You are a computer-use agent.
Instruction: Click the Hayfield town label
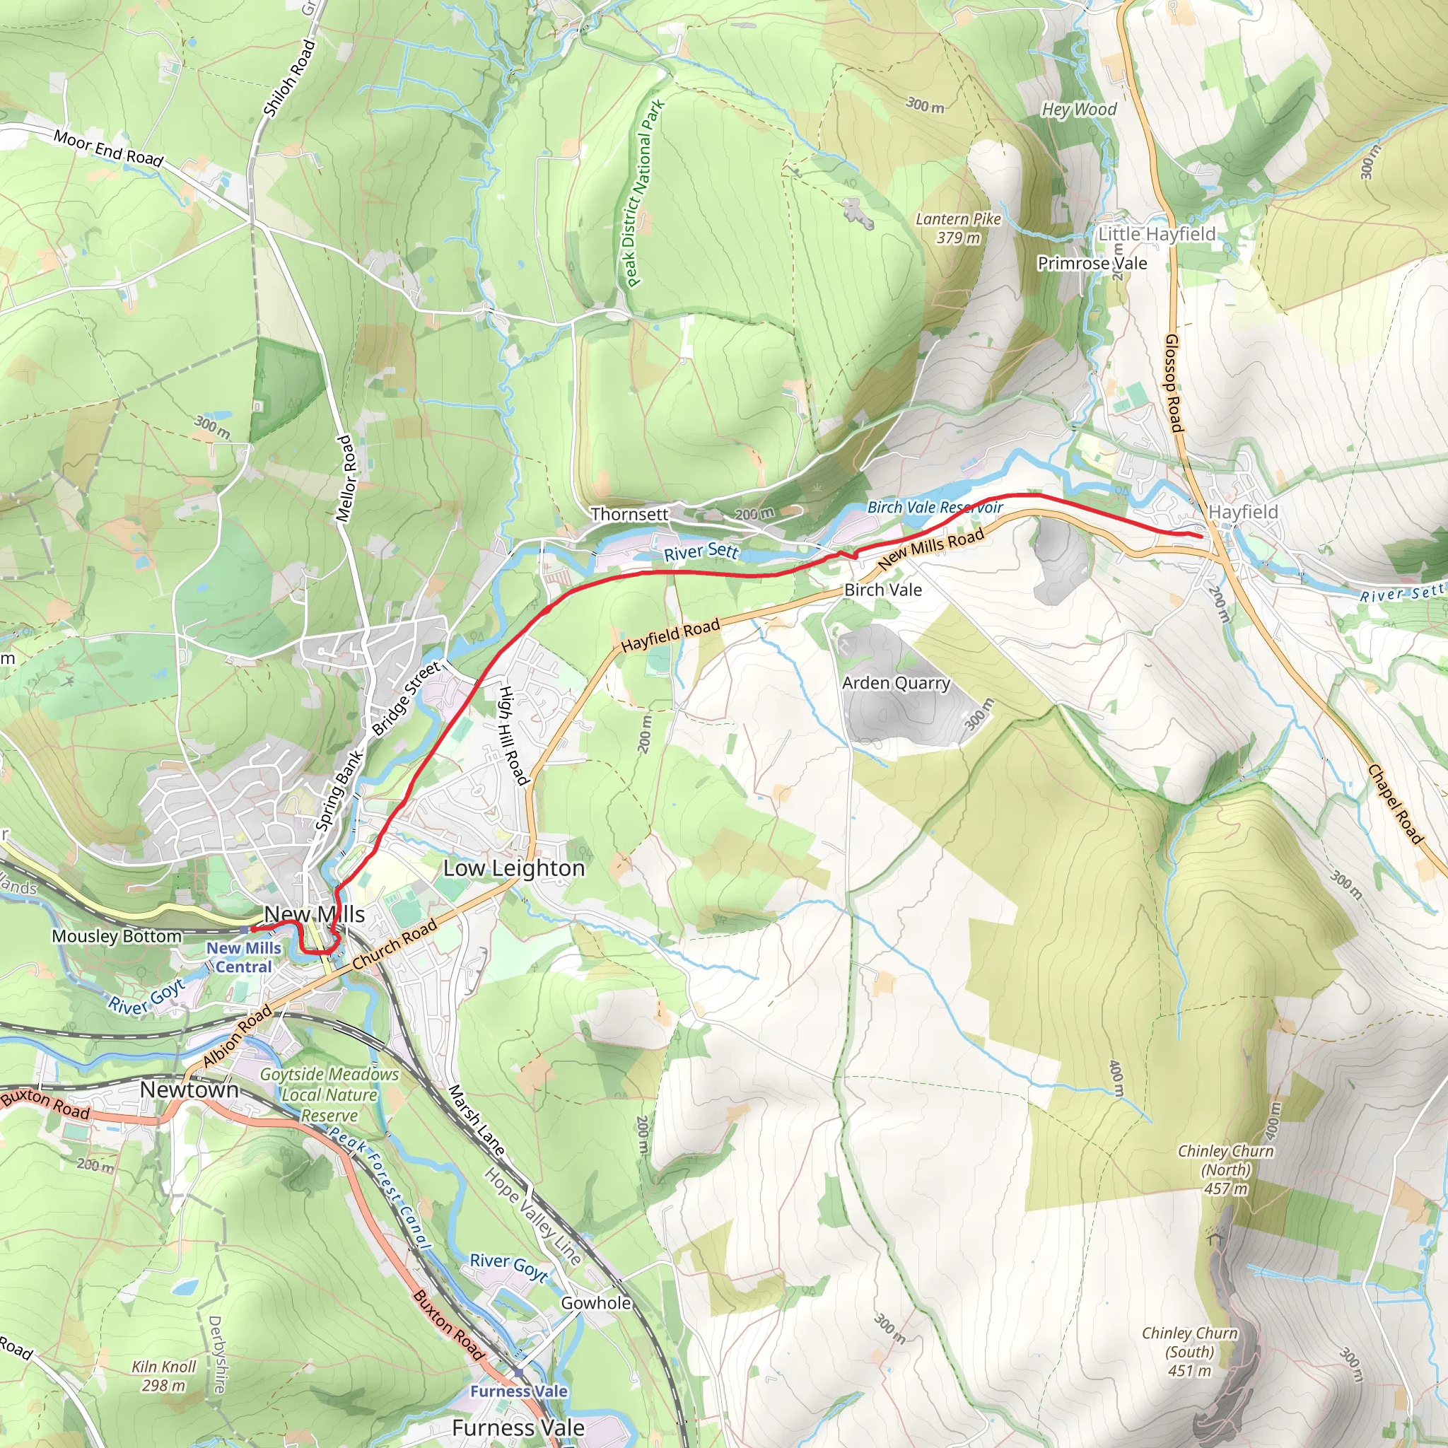point(1244,512)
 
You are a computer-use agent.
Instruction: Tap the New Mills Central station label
point(244,957)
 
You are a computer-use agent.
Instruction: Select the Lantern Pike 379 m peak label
point(958,228)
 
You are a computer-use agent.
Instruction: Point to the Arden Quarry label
point(896,683)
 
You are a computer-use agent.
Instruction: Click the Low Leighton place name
point(513,868)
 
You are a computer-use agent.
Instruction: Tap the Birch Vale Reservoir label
point(935,508)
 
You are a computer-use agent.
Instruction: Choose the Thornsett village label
point(629,514)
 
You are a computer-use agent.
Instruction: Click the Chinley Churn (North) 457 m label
point(1225,1169)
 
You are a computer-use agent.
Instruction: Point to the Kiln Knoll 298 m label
point(163,1375)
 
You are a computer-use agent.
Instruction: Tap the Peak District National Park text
point(642,193)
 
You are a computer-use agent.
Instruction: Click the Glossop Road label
point(1174,383)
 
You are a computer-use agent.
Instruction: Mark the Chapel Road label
point(1394,803)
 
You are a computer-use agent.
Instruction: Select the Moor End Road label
point(108,147)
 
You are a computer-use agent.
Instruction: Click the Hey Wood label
point(1078,110)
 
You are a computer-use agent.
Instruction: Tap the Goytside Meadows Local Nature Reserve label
point(329,1094)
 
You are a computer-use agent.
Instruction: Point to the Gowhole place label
point(596,1302)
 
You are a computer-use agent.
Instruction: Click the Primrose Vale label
point(1091,263)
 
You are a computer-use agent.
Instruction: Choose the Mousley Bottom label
point(116,936)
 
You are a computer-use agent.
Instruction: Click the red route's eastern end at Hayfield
point(1201,536)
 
